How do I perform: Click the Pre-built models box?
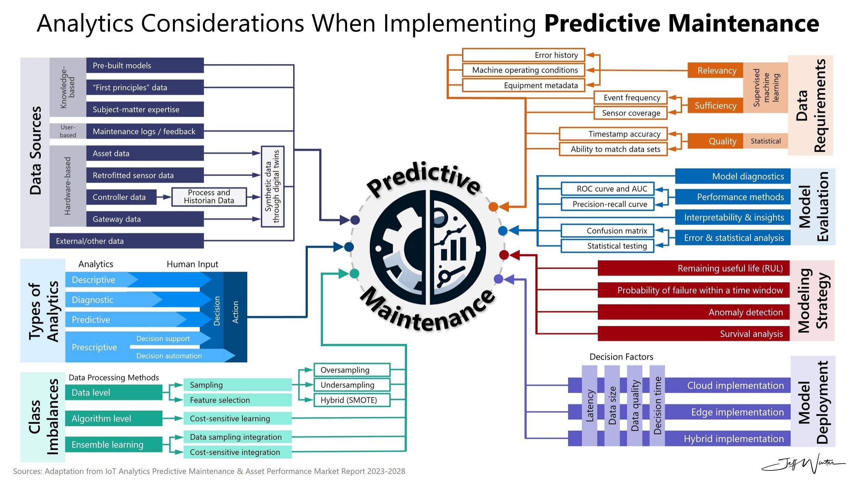click(x=144, y=65)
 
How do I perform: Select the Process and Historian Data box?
click(x=209, y=197)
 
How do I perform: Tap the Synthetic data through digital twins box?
click(x=272, y=187)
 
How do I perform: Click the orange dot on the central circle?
click(x=493, y=206)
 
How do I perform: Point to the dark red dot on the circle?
click(x=504, y=255)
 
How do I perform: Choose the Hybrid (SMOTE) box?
click(x=352, y=400)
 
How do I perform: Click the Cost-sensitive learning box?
click(x=237, y=418)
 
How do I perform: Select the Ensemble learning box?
click(x=113, y=444)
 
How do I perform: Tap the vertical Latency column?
click(x=589, y=406)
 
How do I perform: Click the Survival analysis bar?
click(x=693, y=334)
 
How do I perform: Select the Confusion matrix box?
click(x=607, y=231)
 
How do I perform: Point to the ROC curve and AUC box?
click(x=607, y=189)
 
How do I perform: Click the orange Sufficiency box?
click(x=715, y=106)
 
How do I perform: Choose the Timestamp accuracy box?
click(x=613, y=134)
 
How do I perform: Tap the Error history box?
click(x=523, y=55)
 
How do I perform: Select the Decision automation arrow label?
click(x=169, y=356)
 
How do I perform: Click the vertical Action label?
click(x=235, y=312)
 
